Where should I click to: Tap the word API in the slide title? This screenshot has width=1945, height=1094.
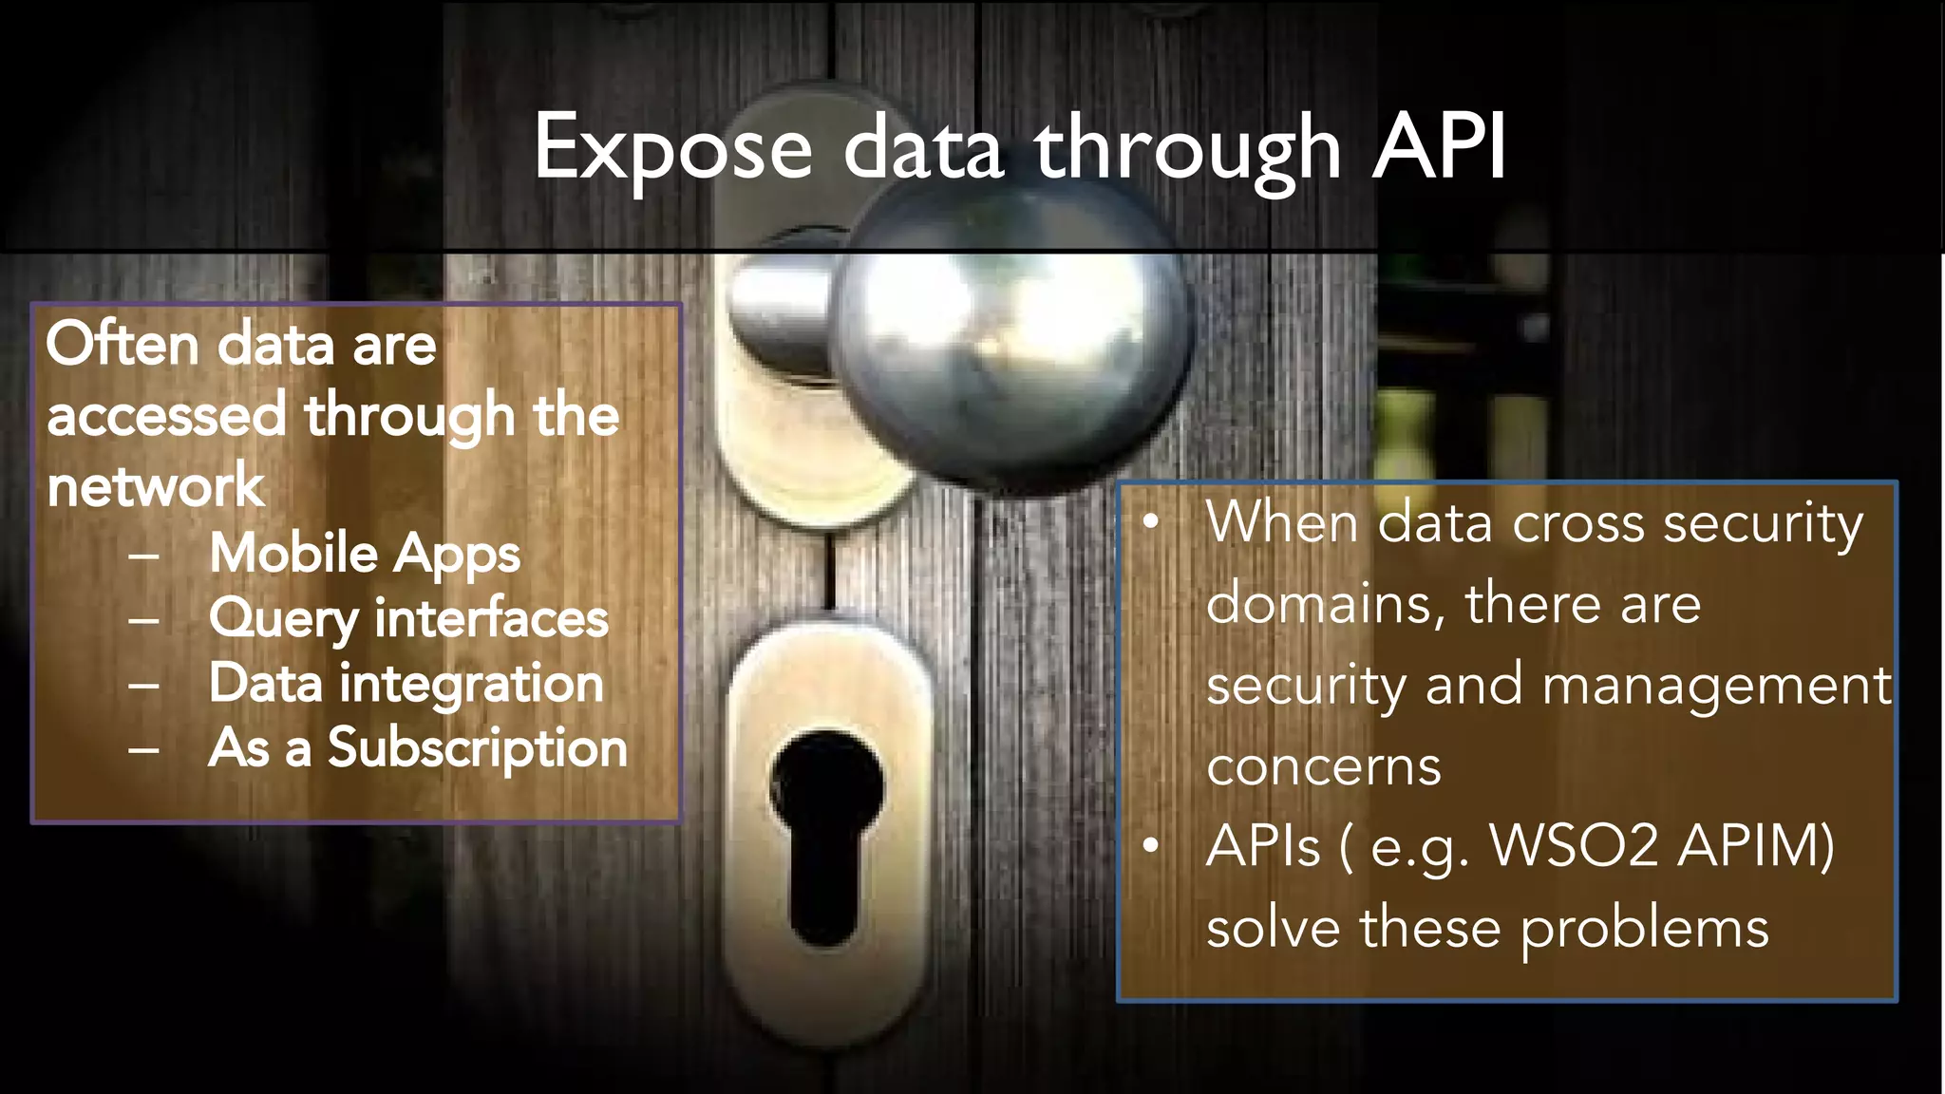pyautogui.click(x=1439, y=147)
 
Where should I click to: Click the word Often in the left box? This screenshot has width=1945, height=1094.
pyautogui.click(x=123, y=344)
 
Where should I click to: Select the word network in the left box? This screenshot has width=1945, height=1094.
pyautogui.click(x=156, y=486)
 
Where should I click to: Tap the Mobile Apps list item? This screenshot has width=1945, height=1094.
pyautogui.click(x=365, y=554)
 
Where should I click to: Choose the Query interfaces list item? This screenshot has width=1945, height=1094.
pyautogui.click(x=408, y=619)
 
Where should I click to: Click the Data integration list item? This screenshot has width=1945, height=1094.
pyautogui.click(x=406, y=684)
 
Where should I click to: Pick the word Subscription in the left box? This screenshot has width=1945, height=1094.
pyautogui.click(x=478, y=748)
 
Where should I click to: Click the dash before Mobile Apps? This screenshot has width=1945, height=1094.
pyautogui.click(x=144, y=556)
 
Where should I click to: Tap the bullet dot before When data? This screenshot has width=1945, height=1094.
pyautogui.click(x=1151, y=521)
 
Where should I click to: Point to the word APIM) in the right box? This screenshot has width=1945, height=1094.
pyautogui.click(x=1756, y=845)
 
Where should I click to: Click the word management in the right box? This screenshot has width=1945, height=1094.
pyautogui.click(x=1717, y=686)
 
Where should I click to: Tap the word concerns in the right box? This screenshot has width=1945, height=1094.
pyautogui.click(x=1323, y=766)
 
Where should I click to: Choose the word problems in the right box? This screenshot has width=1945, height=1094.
pyautogui.click(x=1644, y=928)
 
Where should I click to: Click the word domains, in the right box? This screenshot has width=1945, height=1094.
pyautogui.click(x=1326, y=605)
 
